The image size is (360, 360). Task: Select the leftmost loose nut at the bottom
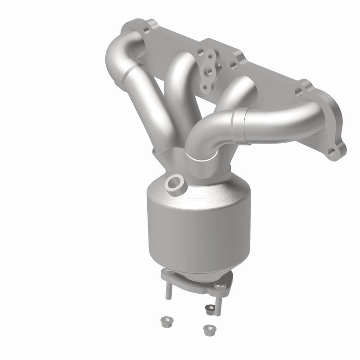[164, 321]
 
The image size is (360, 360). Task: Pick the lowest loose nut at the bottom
[208, 329]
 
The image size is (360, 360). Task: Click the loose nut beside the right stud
[209, 309]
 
